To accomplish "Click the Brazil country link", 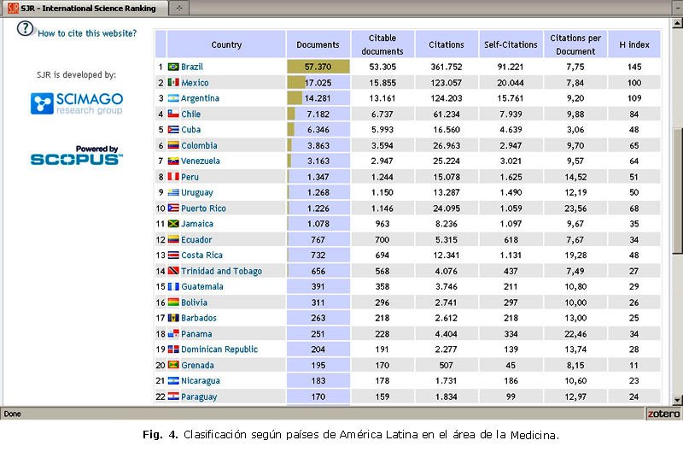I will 191,67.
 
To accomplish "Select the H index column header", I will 633,44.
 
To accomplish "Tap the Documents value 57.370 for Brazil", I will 318,67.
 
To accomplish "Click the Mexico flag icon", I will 173,83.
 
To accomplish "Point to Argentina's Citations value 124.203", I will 447,98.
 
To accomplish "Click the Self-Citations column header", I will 510,44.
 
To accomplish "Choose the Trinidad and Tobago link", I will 220,271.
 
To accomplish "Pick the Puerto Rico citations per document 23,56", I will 575,208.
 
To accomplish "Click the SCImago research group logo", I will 77,104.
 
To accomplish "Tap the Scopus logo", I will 77,156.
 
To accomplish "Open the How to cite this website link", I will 87,33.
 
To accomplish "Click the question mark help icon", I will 25,27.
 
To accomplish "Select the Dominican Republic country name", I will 219,349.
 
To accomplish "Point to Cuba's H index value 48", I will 633,130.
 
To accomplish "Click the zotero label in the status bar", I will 663,413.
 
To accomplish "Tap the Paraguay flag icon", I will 173,396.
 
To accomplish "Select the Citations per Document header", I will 575,44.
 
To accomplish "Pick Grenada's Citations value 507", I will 447,365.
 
